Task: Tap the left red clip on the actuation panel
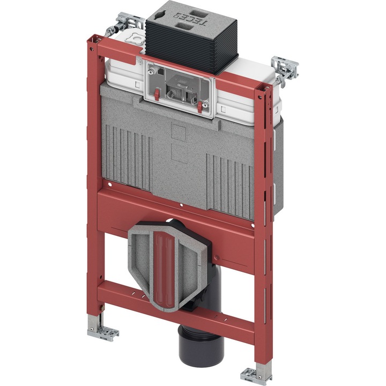coord(157,95)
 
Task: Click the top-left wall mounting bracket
coord(125,24)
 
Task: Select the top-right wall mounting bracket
coord(284,70)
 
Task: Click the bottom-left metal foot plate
coord(103,333)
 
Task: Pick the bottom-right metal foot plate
coord(256,375)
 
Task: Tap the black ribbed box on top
coord(191,39)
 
